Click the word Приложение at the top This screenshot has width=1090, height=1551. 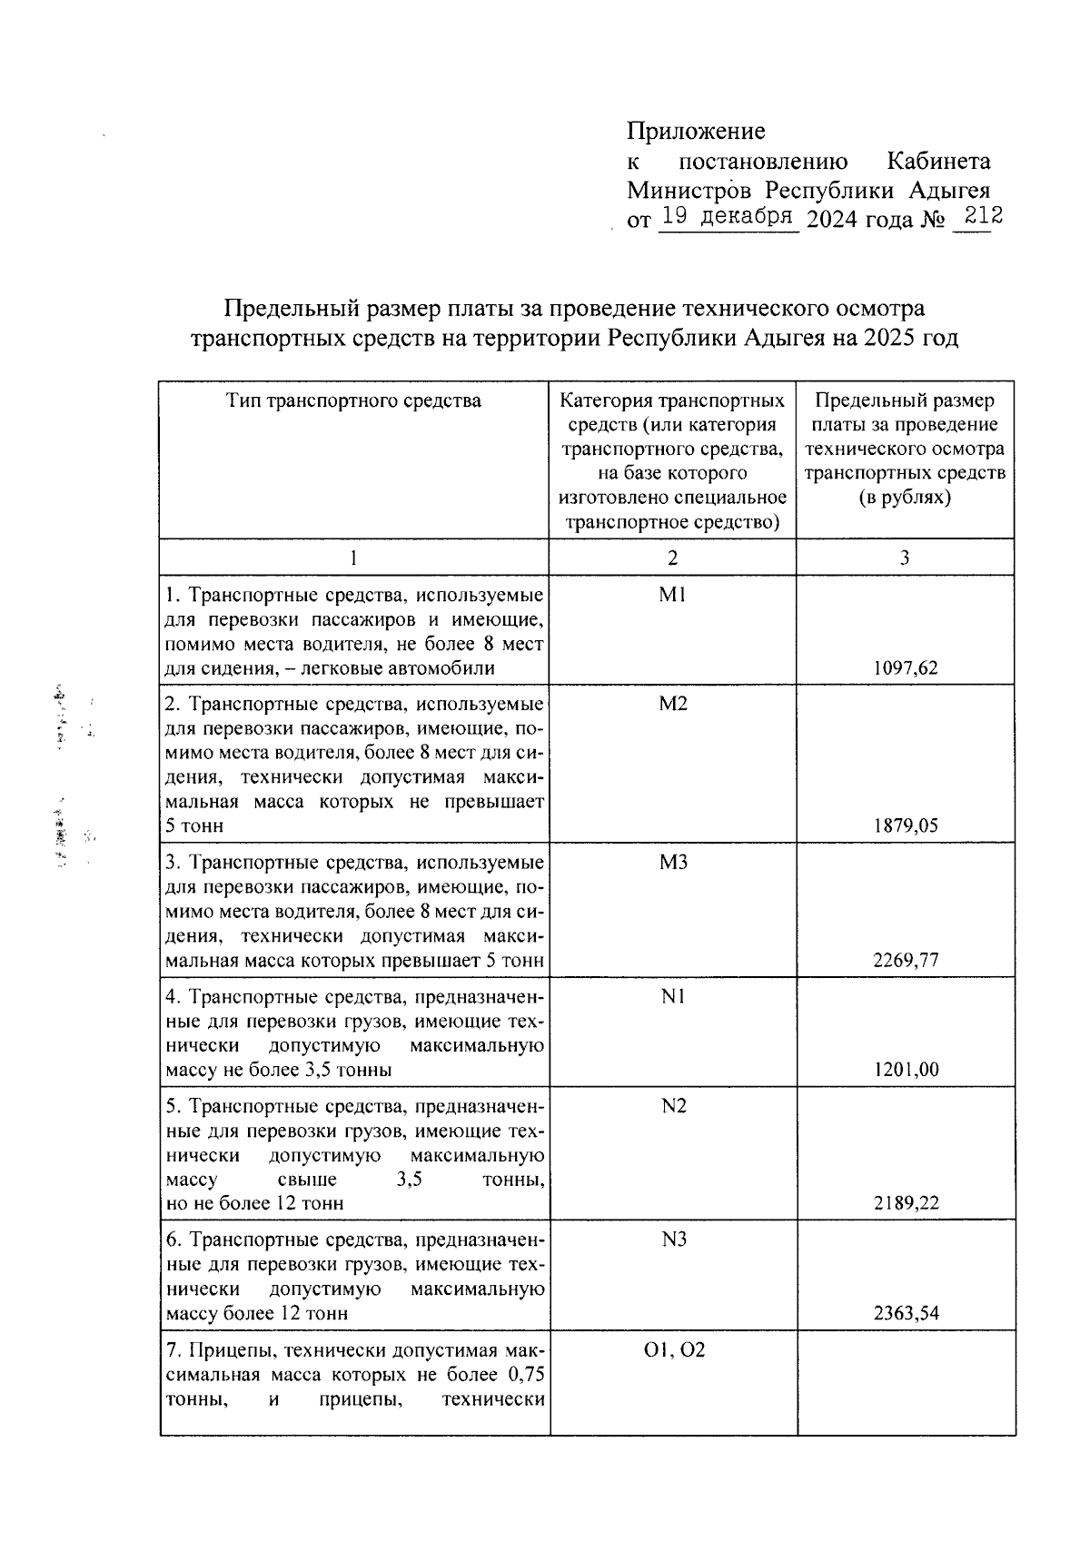[x=696, y=132]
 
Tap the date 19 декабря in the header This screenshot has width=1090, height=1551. [x=728, y=217]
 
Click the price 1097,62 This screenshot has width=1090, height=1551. [x=906, y=668]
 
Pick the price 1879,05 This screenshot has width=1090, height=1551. [x=906, y=825]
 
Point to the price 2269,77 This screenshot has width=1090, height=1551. [x=906, y=960]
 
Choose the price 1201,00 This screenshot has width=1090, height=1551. [x=906, y=1070]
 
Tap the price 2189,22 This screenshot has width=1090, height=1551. [x=906, y=1203]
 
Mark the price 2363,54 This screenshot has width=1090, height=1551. [x=906, y=1313]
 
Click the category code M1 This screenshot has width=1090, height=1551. [x=673, y=595]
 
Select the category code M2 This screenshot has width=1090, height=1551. [x=673, y=704]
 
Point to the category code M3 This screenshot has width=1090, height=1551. [x=673, y=862]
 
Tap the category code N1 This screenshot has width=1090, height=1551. [x=673, y=996]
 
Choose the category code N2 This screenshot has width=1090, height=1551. [x=673, y=1105]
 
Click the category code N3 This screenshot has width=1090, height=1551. [x=673, y=1240]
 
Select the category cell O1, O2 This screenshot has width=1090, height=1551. [x=673, y=1350]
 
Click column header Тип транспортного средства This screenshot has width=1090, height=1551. [x=353, y=400]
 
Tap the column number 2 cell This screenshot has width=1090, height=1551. [x=672, y=558]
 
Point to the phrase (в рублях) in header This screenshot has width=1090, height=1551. [x=905, y=498]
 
